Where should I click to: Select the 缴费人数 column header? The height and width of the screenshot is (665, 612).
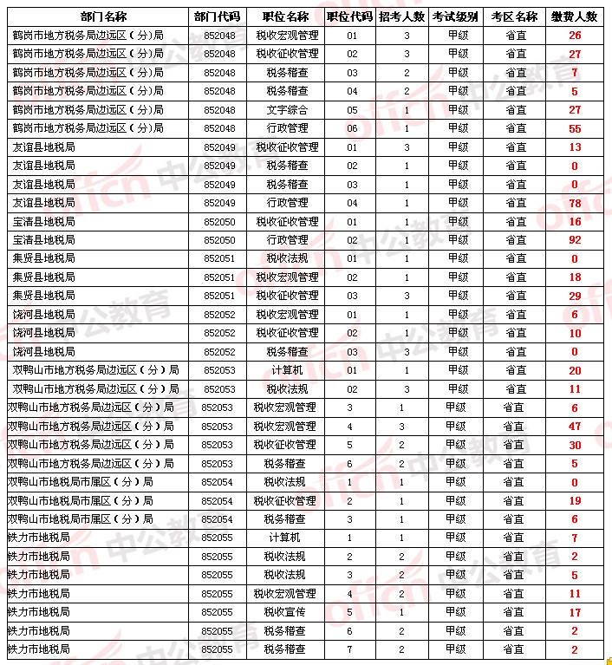[575, 16]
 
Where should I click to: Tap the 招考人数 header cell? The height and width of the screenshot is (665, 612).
[401, 16]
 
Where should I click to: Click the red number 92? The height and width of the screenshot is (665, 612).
[575, 240]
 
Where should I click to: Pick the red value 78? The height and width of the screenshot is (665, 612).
[575, 203]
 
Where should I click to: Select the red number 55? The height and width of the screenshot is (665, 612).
[575, 128]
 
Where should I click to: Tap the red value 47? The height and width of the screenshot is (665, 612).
[575, 427]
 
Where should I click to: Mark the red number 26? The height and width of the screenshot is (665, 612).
[575, 36]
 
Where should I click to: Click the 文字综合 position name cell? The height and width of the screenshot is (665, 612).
[287, 110]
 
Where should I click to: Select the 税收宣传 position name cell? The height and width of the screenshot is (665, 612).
[285, 612]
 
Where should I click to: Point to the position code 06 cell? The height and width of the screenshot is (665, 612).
[351, 128]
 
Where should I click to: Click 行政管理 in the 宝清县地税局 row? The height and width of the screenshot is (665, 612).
[287, 240]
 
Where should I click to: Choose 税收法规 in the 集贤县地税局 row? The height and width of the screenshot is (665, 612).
[287, 258]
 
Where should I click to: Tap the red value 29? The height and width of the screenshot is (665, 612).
[575, 297]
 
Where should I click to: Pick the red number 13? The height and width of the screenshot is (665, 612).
[575, 147]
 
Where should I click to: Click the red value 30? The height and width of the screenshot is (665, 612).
[575, 445]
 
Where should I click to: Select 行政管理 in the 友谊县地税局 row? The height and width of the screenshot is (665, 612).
[287, 203]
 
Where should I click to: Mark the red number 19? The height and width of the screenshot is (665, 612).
[575, 501]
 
